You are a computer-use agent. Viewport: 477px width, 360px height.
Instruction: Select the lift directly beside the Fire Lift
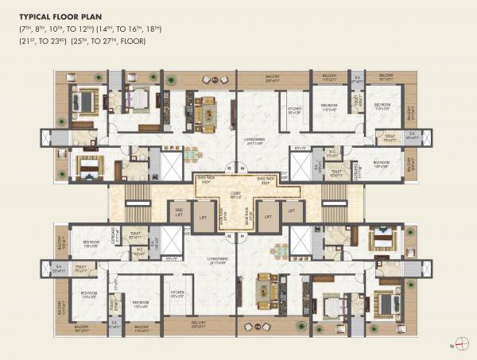point(204,216)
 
